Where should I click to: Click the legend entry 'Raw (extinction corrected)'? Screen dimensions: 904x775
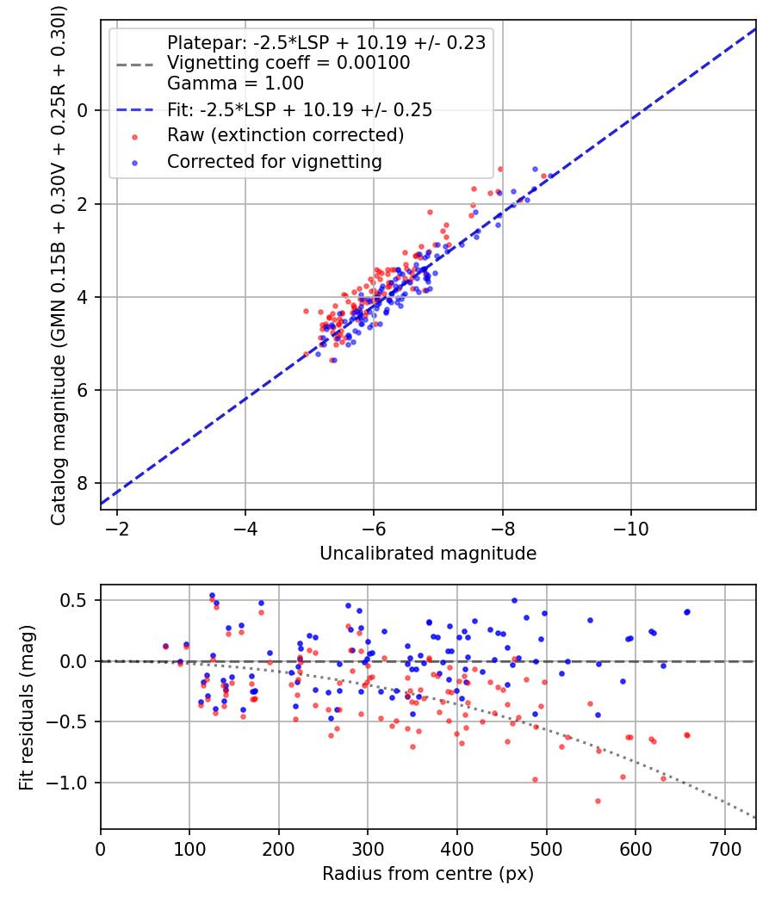click(285, 135)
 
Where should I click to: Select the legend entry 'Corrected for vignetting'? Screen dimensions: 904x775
click(274, 161)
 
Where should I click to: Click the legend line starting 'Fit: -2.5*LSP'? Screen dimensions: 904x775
click(299, 109)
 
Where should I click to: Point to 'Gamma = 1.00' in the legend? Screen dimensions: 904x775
click(235, 84)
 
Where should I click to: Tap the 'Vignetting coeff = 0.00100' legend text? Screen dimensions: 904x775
click(288, 63)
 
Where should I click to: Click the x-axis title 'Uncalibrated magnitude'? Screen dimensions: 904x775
click(428, 554)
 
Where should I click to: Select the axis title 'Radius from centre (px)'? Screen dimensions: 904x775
click(428, 873)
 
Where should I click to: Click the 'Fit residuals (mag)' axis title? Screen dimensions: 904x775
click(27, 707)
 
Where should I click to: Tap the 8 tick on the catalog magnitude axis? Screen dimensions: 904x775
click(84, 483)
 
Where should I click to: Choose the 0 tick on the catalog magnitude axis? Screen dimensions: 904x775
click(84, 110)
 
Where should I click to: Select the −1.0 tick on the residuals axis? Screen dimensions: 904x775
click(71, 783)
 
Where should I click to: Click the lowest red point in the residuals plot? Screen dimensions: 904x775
click(598, 801)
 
